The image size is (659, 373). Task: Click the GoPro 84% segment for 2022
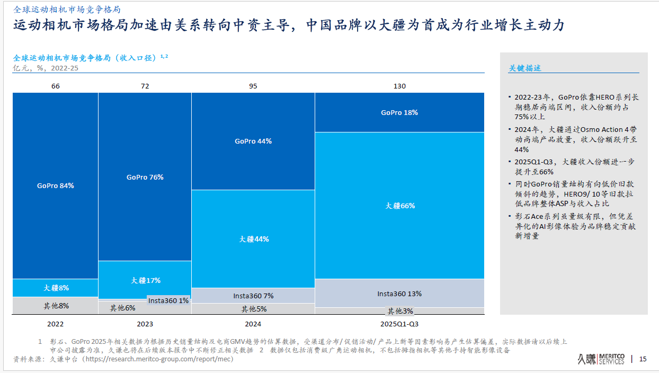pos(56,186)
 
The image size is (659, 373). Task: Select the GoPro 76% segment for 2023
pos(145,177)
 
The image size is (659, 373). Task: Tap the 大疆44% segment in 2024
pos(253,239)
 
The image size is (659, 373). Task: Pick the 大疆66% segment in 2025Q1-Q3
pos(399,206)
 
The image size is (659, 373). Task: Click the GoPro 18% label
pos(399,112)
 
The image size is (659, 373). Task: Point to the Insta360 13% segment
pos(399,294)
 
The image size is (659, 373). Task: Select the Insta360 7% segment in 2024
pos(253,296)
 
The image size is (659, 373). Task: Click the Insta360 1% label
pos(168,300)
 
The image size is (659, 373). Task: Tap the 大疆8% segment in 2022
pos(56,288)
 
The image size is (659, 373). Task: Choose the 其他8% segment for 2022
pos(56,306)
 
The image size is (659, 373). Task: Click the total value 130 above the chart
pos(399,86)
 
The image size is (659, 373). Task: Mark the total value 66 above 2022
pos(56,86)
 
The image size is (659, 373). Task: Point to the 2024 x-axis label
pos(253,324)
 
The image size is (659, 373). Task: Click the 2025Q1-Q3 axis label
pos(399,324)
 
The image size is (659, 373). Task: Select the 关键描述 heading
pos(524,68)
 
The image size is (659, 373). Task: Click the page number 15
pos(643,359)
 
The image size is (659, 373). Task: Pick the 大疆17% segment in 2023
pos(145,280)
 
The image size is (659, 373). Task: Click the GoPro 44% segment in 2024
pos(253,141)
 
